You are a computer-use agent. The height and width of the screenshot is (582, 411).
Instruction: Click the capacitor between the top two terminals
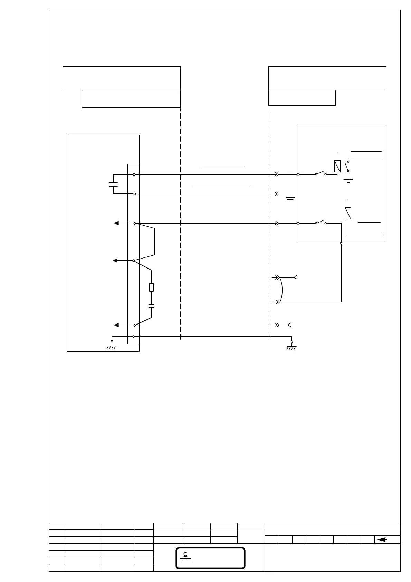tap(113, 184)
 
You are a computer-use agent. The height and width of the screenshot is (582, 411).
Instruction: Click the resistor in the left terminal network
tap(151, 287)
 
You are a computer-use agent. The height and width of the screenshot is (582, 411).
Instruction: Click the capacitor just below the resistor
tap(151, 306)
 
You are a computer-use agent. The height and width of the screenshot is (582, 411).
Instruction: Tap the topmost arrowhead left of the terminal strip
tap(117, 223)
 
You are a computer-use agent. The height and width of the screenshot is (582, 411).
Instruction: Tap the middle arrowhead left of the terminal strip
tap(116, 260)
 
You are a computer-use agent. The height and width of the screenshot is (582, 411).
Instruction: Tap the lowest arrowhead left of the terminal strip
tap(117, 325)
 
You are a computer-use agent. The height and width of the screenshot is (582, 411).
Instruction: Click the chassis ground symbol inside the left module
tap(112, 346)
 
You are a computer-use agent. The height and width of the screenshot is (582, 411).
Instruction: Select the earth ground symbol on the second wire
tap(290, 198)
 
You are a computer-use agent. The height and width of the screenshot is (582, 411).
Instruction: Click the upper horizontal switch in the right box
tap(321, 173)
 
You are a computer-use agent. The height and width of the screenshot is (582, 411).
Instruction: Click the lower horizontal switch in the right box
tap(321, 222)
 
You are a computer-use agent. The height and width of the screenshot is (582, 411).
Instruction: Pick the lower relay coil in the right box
tap(348, 213)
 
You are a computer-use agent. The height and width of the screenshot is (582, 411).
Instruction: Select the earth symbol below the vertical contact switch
tap(348, 180)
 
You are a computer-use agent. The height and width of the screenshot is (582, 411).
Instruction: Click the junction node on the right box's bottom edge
tap(341, 243)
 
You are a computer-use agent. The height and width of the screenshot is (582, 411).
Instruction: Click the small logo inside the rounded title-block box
tap(185, 555)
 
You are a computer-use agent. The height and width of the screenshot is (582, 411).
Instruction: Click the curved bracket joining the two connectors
tap(282, 290)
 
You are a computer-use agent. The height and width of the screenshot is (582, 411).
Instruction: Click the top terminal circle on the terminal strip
tap(134, 175)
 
